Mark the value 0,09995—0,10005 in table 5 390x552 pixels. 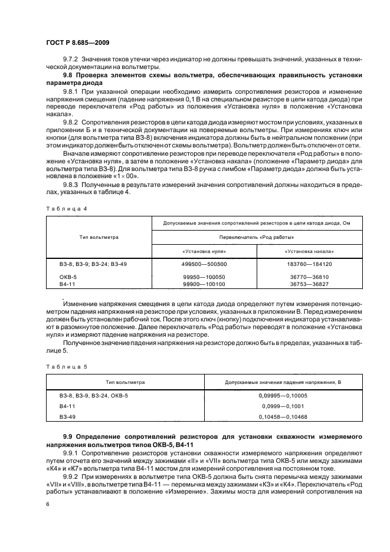282,396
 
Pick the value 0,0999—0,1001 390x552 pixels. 282,406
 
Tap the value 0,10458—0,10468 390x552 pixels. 282,417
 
